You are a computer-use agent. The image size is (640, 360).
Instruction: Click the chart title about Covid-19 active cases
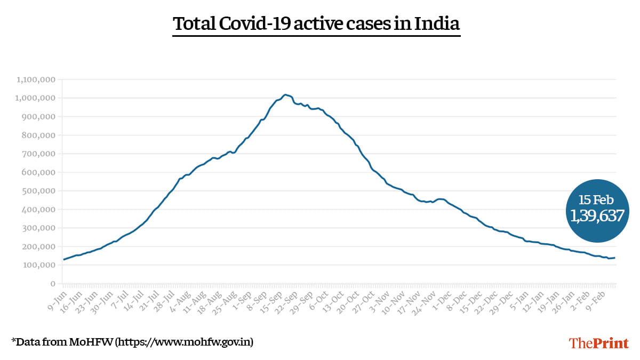(x=316, y=24)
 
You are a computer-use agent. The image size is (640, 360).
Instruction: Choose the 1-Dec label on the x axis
(x=446, y=299)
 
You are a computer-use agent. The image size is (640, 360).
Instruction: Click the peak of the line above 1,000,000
(x=286, y=94)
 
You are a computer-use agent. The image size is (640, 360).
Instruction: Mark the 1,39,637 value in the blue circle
(x=597, y=216)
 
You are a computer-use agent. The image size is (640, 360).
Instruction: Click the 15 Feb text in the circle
(x=597, y=200)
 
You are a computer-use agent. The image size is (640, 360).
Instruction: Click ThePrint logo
(x=599, y=342)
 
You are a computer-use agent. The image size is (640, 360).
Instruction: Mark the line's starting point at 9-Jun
(x=64, y=260)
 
